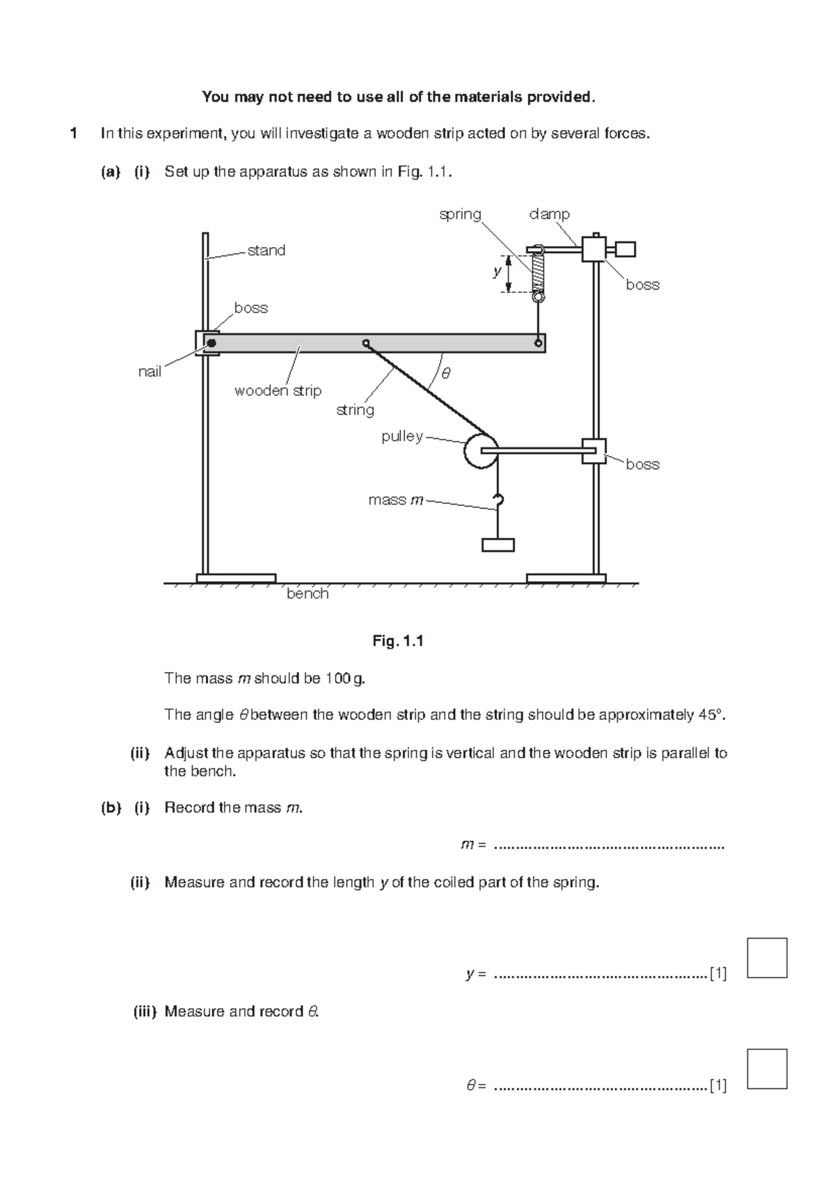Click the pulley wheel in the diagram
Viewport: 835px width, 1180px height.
480,451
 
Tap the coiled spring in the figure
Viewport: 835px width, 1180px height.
538,273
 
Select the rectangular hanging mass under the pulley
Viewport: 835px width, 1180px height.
498,545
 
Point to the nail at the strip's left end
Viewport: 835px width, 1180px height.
211,343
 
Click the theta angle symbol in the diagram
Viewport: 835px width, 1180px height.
446,374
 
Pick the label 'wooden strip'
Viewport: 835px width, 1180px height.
278,391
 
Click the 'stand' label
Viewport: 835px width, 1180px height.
267,250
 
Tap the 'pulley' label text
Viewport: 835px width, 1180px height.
401,436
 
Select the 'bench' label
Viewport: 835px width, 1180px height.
308,593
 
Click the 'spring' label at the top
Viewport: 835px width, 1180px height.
460,214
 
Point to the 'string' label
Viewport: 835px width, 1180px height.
355,410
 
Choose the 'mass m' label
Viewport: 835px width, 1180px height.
396,500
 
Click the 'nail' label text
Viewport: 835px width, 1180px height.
150,372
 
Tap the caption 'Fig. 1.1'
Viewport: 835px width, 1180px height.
398,641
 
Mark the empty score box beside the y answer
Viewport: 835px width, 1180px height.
768,958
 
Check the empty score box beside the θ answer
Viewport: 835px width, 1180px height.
768,1069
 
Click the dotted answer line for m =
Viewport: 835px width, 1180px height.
609,847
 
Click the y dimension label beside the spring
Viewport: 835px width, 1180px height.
497,271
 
